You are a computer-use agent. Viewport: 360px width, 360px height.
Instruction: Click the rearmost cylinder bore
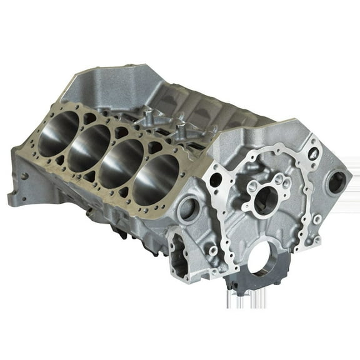click(58, 134)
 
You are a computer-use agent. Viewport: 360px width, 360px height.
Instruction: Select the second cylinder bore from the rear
click(87, 147)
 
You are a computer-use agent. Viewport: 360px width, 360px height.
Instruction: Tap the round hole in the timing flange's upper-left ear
click(216, 180)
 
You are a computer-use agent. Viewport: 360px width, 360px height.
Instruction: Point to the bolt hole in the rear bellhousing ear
click(24, 176)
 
